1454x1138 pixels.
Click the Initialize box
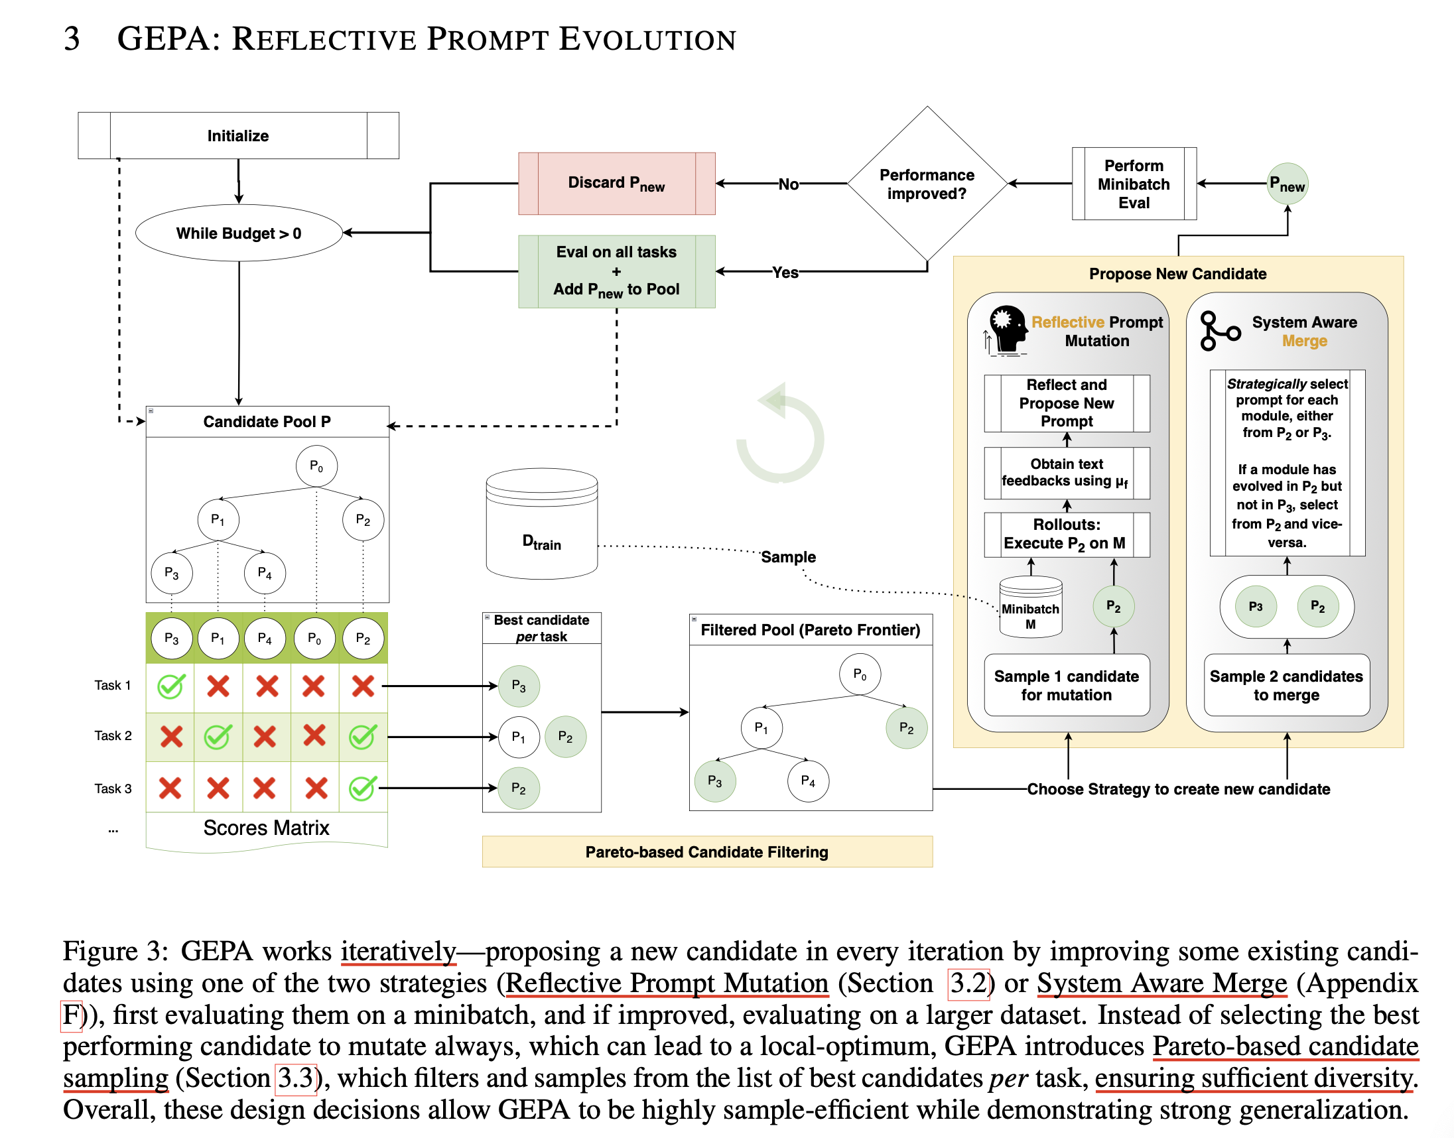238,135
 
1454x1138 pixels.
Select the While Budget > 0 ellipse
239,233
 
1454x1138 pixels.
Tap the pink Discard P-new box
616,183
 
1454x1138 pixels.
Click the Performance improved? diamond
927,183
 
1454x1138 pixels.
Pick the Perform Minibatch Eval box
1134,183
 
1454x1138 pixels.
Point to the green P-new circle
1287,183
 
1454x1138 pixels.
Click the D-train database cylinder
542,523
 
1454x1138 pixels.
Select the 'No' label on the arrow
788,184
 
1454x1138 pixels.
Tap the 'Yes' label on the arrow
785,272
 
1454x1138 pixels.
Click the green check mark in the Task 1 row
170,686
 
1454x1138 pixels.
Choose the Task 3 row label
113,789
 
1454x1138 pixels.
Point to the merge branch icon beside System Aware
1219,330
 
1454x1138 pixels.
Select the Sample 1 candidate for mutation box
1066,685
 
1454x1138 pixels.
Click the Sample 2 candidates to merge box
1286,685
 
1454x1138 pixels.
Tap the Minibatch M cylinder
1030,606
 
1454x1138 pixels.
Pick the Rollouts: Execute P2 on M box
1066,534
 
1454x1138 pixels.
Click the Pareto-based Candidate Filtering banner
707,852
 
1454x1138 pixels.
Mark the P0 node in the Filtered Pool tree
860,674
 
